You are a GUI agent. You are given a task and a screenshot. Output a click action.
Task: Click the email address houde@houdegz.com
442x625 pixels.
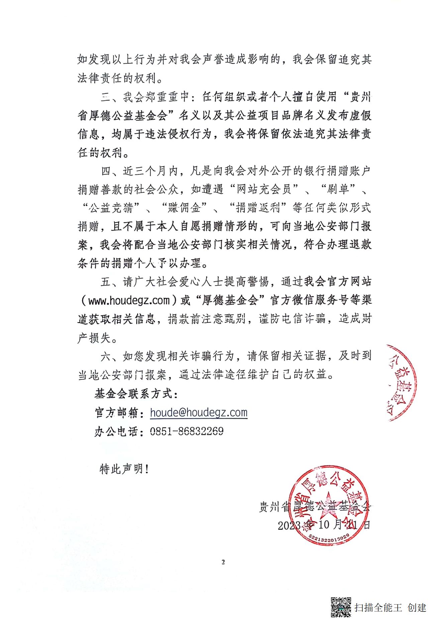(199, 413)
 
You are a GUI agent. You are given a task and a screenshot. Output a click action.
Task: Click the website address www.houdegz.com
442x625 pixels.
(129, 301)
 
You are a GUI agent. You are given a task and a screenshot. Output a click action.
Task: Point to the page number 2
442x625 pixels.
(223, 562)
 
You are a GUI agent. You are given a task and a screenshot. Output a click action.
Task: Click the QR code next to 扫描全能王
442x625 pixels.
(341, 607)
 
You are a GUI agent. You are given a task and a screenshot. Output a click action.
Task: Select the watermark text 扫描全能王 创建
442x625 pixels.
(391, 607)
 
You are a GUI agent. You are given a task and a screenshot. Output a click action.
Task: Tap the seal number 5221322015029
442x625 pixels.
(329, 537)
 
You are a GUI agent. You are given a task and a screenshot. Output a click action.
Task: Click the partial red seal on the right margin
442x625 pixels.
(401, 382)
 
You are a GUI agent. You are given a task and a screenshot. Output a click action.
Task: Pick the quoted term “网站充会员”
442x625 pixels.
(263, 189)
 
